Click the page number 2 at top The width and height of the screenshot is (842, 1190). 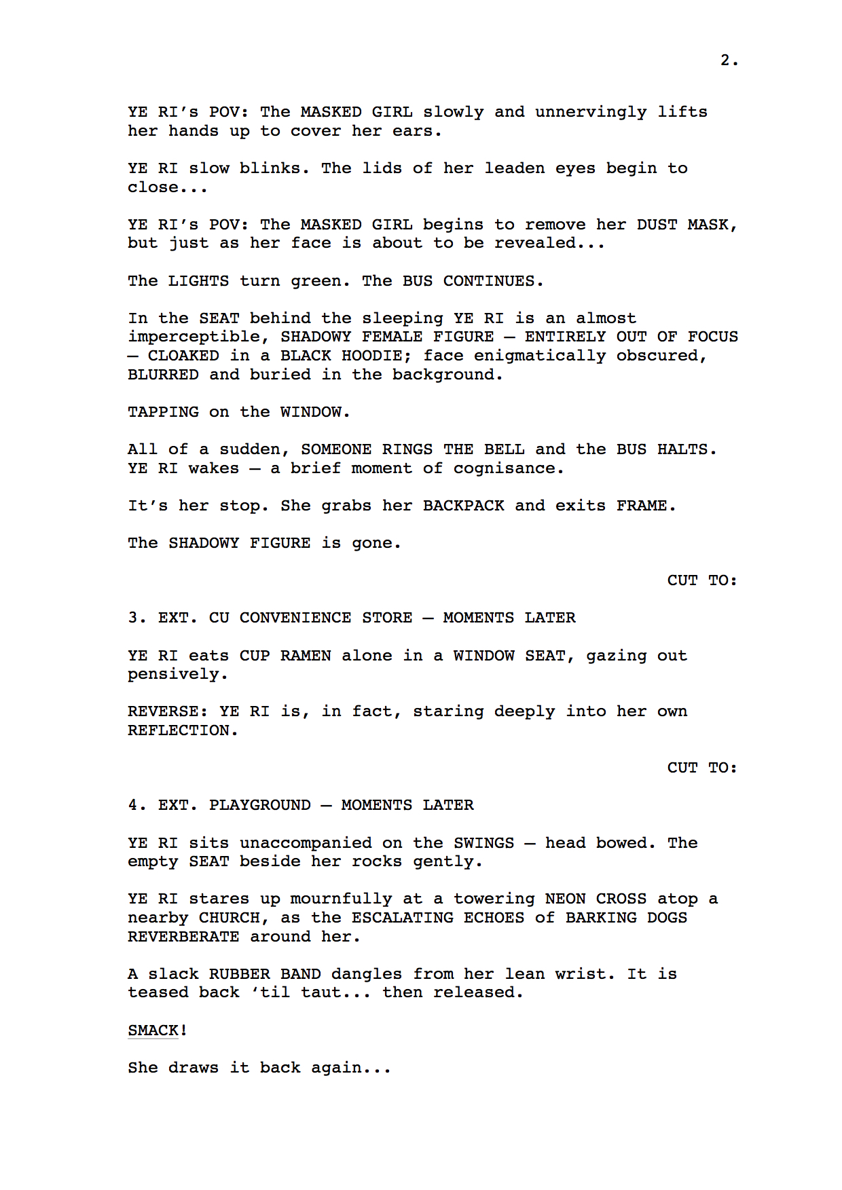(x=725, y=60)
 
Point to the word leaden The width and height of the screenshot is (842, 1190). (x=514, y=168)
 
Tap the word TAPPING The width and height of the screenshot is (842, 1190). (x=163, y=412)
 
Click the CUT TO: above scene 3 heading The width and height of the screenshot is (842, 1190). (x=701, y=580)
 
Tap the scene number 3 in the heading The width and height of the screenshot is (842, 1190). (x=133, y=618)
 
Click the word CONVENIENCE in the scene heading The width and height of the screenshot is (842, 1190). (x=295, y=618)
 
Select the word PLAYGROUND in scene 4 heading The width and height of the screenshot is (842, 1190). (x=259, y=805)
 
